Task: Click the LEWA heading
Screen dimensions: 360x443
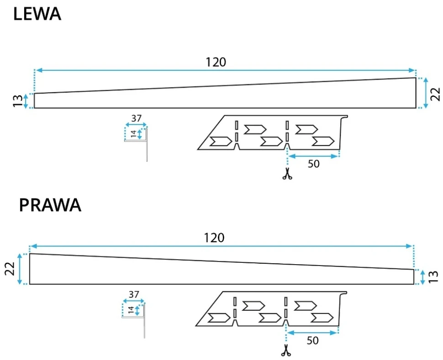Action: coord(37,14)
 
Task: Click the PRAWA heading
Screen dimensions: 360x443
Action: coord(50,206)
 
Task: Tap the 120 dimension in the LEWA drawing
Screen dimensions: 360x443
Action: coord(216,62)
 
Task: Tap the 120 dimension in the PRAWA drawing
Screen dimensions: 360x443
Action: coord(214,238)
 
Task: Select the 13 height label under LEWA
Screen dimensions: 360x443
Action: coord(17,101)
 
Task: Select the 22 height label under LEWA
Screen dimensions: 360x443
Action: coord(435,93)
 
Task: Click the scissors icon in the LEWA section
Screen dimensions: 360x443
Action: coord(287,174)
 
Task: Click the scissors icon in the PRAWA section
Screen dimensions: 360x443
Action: coord(286,350)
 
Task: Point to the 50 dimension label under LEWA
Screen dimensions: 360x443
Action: coord(313,164)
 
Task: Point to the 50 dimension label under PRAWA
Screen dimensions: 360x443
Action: coord(312,340)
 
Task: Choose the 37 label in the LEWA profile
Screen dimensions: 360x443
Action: coord(136,119)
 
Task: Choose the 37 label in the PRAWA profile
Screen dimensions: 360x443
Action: coord(134,295)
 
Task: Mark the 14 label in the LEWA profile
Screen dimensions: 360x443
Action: coord(133,134)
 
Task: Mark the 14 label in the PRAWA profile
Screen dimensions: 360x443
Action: coord(131,310)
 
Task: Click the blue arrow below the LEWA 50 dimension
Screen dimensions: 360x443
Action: coord(313,156)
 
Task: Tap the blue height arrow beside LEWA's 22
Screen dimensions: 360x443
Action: coord(426,93)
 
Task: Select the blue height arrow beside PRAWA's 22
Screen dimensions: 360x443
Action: coord(20,269)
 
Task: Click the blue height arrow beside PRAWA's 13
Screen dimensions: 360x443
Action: coord(423,277)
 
